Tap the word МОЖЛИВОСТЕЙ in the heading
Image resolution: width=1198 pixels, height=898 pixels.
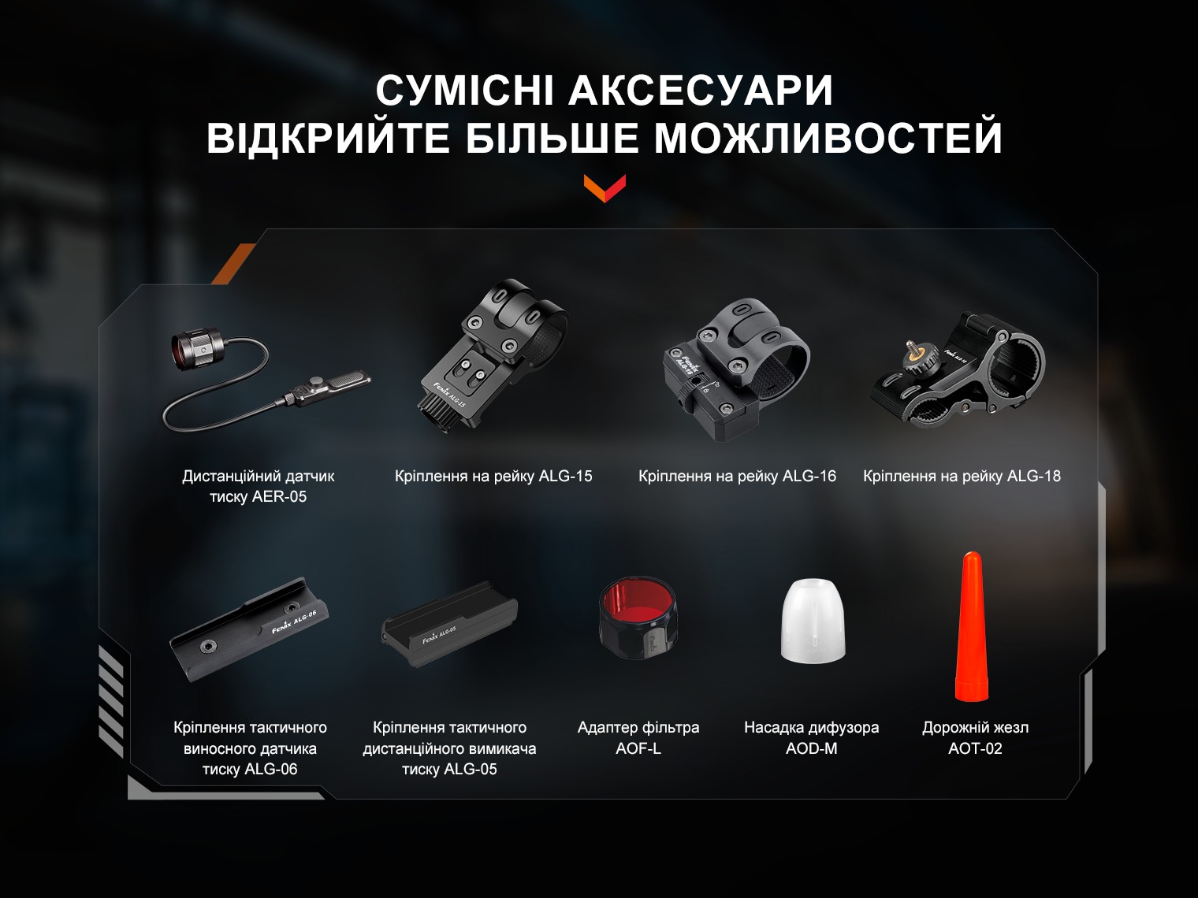pos(828,137)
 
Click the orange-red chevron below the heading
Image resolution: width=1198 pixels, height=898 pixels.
pos(605,188)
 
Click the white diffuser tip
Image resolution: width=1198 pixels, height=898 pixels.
pos(813,621)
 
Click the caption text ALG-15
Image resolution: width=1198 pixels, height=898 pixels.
pos(565,476)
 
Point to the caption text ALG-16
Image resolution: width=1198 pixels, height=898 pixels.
pos(809,476)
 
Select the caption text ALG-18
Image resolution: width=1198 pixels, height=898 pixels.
pos(1034,476)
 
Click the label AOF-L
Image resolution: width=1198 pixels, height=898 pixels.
pos(638,748)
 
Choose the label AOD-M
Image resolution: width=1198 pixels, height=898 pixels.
pos(811,748)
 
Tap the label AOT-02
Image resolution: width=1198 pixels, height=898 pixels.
pos(975,748)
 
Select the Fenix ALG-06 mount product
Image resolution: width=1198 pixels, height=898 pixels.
pos(249,629)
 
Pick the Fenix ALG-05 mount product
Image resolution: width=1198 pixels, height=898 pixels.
pos(449,625)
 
